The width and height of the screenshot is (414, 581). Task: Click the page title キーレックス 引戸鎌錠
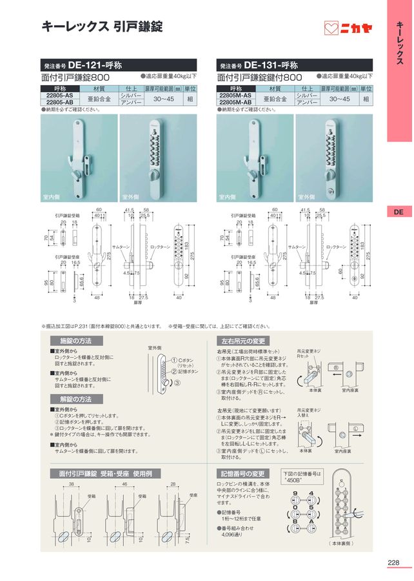click(102, 26)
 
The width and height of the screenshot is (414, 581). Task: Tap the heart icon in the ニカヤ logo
click(331, 28)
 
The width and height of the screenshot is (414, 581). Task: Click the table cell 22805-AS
click(60, 95)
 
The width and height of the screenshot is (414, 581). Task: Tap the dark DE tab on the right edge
click(399, 212)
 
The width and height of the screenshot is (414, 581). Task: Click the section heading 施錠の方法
click(75, 340)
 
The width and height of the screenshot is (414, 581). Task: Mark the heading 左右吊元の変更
click(243, 340)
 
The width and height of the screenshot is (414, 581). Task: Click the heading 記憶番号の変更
click(243, 473)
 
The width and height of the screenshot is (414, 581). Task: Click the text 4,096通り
click(234, 535)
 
